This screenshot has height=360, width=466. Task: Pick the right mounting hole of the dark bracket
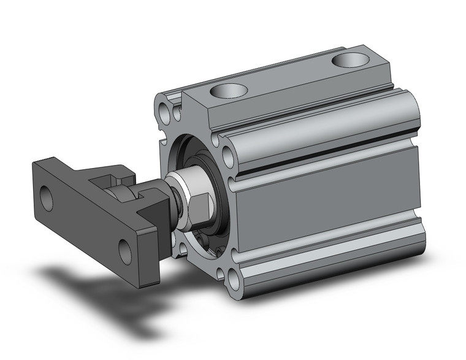125,251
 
